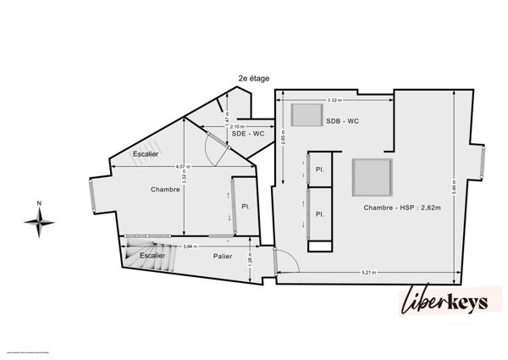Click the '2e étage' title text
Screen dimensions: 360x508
tap(254, 78)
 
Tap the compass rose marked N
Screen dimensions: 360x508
tap(39, 221)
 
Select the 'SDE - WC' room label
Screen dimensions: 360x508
tap(248, 134)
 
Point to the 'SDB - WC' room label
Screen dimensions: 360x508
tap(343, 122)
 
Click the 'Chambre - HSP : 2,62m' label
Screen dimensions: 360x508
tap(402, 208)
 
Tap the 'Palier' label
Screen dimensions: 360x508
tap(223, 256)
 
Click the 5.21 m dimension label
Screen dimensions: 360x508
tap(367, 273)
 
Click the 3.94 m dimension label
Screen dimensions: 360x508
tap(190, 246)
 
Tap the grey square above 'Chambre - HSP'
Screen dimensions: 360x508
tap(372, 177)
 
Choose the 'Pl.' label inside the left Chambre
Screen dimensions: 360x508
tap(245, 207)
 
